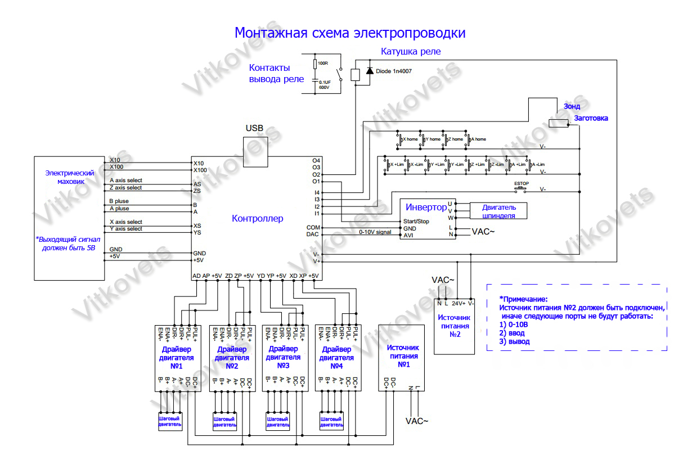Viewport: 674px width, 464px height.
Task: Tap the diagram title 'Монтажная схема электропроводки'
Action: (x=350, y=33)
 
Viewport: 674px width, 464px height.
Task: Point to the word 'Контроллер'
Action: (x=258, y=218)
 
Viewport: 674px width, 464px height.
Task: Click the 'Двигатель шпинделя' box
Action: (x=499, y=210)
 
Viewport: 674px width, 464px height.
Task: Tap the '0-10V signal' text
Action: (x=375, y=232)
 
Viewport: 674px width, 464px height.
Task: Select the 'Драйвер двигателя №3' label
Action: (x=284, y=357)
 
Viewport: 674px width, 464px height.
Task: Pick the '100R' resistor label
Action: (x=323, y=62)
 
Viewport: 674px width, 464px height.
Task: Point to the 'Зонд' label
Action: (x=572, y=106)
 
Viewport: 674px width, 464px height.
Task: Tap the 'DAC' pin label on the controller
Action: (x=312, y=235)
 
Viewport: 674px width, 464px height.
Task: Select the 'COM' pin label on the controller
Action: (x=312, y=227)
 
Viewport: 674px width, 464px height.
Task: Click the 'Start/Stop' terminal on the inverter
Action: (x=416, y=222)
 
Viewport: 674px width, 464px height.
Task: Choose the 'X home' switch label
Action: (x=410, y=139)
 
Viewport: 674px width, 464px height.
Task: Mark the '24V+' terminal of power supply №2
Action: (x=459, y=304)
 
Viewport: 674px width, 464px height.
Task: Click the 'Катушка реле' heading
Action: (x=411, y=51)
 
